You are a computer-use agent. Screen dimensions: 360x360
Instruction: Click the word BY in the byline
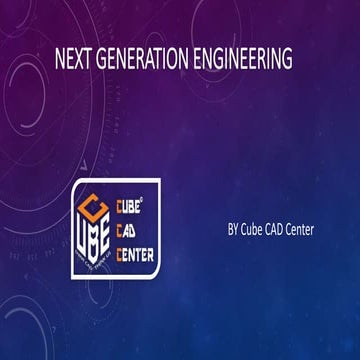click(x=233, y=230)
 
